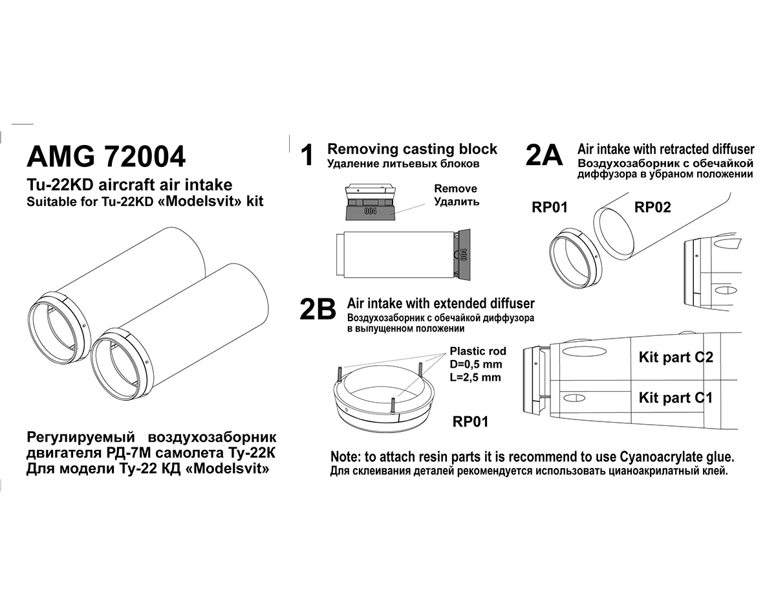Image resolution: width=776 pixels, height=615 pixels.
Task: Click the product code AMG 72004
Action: tap(105, 157)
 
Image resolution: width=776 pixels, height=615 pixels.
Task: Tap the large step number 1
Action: tap(308, 156)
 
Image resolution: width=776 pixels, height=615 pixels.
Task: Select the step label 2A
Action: tap(544, 156)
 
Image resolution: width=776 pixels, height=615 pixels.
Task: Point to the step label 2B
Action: tap(318, 310)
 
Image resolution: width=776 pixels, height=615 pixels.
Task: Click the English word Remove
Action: tap(455, 188)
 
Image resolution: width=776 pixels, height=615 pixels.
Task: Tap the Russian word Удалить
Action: tap(456, 201)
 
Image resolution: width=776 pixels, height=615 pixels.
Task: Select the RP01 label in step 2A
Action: tap(549, 207)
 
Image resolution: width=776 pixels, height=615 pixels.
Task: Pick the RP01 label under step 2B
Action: tap(470, 422)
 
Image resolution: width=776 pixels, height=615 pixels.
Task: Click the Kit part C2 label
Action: tap(675, 357)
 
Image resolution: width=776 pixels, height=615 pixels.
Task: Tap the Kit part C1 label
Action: tap(675, 397)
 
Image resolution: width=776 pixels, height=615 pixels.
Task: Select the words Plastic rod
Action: tap(478, 352)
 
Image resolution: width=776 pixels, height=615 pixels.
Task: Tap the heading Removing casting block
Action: tap(412, 149)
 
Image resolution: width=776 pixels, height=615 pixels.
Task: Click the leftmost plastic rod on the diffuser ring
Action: tap(338, 375)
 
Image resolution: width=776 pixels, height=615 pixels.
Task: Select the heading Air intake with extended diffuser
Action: tap(441, 303)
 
